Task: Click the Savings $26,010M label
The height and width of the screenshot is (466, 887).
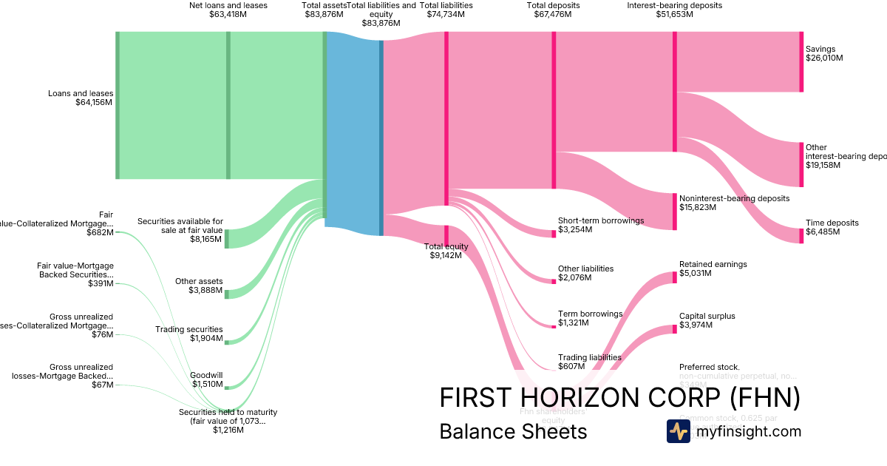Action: click(824, 53)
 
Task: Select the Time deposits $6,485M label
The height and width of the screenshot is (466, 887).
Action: click(832, 227)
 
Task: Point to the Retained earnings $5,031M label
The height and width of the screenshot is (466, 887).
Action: click(713, 269)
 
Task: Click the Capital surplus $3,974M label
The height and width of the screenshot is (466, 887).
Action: click(707, 320)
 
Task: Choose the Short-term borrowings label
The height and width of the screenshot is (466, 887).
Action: click(600, 225)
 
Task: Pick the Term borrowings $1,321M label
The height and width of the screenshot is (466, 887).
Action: click(590, 318)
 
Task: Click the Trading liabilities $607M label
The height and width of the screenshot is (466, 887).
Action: click(589, 361)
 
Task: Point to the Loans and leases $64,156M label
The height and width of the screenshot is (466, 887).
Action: click(81, 98)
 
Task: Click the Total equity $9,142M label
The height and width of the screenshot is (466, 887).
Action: click(445, 250)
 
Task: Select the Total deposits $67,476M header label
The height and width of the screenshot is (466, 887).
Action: click(553, 9)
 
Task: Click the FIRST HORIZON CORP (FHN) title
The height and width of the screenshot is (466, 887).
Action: click(619, 398)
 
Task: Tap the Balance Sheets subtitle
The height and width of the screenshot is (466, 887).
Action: click(513, 431)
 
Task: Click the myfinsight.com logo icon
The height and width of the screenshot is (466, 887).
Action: click(678, 431)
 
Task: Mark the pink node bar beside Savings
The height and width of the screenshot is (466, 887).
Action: click(801, 61)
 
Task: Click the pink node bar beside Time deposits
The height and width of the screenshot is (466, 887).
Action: click(801, 236)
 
